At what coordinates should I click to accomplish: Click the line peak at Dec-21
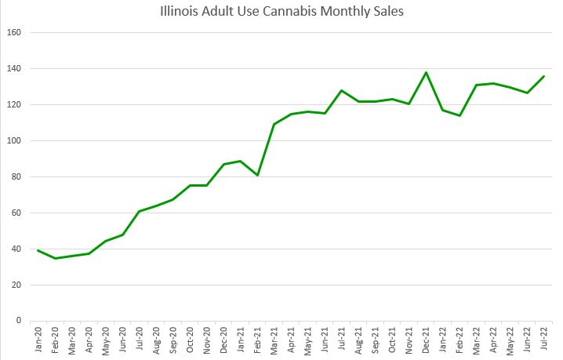(426, 73)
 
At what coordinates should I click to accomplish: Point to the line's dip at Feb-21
(257, 175)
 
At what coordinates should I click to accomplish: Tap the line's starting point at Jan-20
(38, 250)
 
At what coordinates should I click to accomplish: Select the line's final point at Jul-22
(544, 76)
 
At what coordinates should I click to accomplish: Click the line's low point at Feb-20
(55, 258)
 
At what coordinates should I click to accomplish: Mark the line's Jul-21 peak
(342, 90)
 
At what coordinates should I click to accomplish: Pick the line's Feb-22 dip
(459, 116)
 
